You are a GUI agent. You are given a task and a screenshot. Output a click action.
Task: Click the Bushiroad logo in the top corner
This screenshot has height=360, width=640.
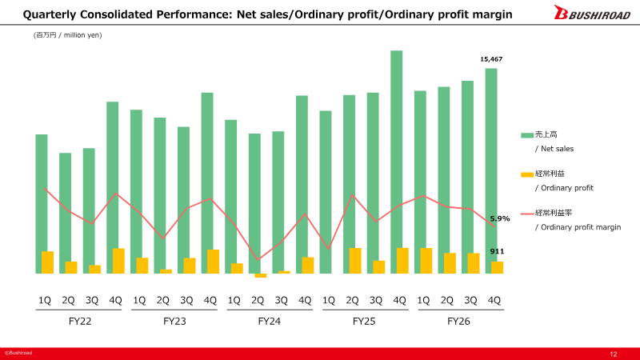tap(592, 12)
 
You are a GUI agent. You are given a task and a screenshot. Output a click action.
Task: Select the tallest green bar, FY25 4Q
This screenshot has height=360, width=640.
tap(396, 162)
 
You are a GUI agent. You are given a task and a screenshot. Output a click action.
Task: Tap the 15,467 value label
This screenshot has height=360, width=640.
tap(491, 59)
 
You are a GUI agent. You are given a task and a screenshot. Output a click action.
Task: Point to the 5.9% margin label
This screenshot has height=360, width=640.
tap(499, 218)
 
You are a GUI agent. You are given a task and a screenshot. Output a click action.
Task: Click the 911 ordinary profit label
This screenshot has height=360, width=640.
tap(497, 251)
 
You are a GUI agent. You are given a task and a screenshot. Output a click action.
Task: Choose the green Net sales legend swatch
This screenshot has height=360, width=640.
tap(527, 135)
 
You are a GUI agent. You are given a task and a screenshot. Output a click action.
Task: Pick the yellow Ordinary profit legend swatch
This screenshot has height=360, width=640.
tap(527, 174)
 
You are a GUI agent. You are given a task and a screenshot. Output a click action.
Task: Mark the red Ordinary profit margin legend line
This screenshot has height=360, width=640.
tap(527, 214)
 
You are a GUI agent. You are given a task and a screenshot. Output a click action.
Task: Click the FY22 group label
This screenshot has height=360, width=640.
tap(80, 322)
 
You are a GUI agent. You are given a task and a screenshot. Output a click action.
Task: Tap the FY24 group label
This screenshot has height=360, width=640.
tap(270, 322)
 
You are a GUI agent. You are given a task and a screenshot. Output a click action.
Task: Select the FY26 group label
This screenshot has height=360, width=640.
tap(458, 322)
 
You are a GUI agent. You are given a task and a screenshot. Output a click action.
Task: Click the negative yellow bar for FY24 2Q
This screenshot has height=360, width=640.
tap(261, 275)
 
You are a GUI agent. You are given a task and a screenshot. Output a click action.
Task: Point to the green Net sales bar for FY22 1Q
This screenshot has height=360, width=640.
tap(42, 204)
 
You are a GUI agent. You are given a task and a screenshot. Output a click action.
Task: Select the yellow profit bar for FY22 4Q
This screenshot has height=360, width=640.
tap(118, 261)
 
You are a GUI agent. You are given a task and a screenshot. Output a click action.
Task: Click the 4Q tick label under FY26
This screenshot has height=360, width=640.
tap(494, 301)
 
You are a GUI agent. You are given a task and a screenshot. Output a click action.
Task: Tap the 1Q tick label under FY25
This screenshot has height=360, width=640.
tap(329, 301)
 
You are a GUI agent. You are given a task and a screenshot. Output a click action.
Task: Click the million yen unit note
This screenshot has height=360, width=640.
tap(68, 35)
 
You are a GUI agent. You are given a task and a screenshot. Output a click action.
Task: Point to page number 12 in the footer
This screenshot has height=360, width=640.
tap(614, 354)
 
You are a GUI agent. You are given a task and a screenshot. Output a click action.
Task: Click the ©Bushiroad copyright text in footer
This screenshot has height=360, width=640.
tap(18, 353)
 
